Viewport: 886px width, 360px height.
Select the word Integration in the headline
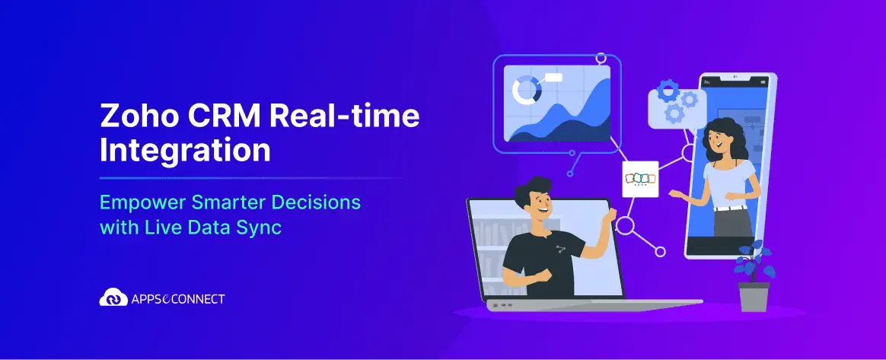pyautogui.click(x=185, y=151)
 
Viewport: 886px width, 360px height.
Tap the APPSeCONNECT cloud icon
pyautogui.click(x=113, y=298)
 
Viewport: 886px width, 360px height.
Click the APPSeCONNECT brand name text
pyautogui.click(x=177, y=298)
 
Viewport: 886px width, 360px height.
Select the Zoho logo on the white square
pyautogui.click(x=640, y=179)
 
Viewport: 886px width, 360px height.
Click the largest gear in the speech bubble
pyautogui.click(x=668, y=91)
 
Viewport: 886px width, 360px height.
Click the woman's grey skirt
pyautogui.click(x=733, y=222)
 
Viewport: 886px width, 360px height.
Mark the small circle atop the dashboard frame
pyautogui.click(x=601, y=58)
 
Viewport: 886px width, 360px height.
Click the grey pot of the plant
pyautogui.click(x=754, y=296)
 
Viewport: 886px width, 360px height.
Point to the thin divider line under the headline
pyautogui.click(x=254, y=178)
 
